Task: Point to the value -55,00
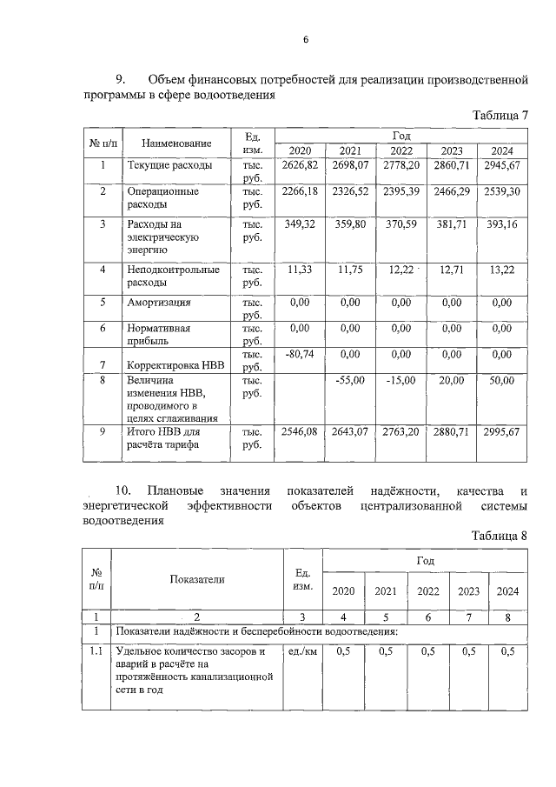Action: [351, 380]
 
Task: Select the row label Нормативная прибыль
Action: [159, 335]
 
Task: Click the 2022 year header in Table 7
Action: [400, 150]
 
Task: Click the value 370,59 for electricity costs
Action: [400, 224]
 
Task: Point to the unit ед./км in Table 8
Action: [301, 651]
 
